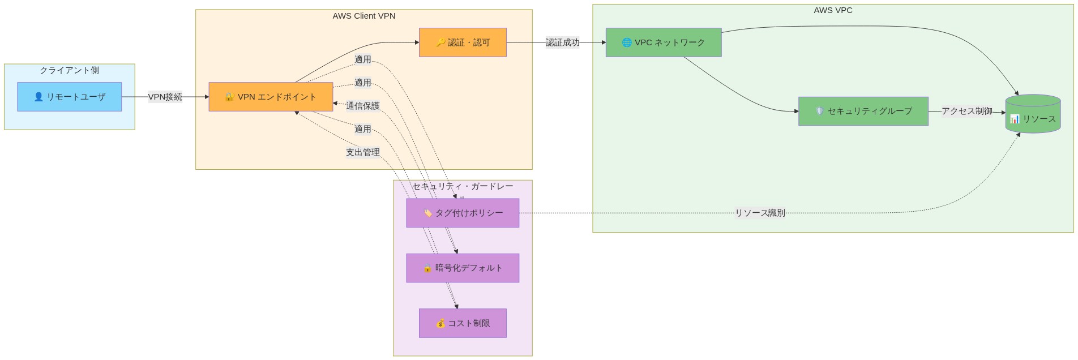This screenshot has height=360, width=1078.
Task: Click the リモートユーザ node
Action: pos(69,97)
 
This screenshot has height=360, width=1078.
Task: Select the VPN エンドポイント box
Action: pos(271,97)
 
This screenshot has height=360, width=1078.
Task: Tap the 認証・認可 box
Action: pos(463,42)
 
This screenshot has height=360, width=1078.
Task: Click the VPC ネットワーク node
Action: pos(663,42)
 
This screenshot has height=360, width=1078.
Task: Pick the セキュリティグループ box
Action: pos(863,111)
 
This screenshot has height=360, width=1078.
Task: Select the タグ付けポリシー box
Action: pos(463,213)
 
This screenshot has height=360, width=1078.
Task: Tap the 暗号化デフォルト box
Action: pos(463,268)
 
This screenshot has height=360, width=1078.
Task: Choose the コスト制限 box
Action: pos(463,323)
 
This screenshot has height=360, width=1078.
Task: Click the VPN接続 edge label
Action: pos(165,97)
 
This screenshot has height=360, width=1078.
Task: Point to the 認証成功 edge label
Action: pos(562,42)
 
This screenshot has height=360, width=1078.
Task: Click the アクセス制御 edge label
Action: pos(966,111)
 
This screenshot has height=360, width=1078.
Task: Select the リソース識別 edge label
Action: pos(760,213)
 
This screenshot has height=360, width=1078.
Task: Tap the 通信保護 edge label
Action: pos(362,106)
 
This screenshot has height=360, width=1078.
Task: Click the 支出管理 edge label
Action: pos(362,152)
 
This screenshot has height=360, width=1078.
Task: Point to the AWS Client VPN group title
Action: pos(363,16)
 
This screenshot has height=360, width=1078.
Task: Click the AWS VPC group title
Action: pos(832,10)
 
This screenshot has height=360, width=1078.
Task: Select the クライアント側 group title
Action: pos(69,70)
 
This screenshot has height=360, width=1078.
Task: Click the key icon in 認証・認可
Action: pos(440,42)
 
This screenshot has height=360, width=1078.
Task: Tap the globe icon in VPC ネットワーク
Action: pos(626,42)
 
